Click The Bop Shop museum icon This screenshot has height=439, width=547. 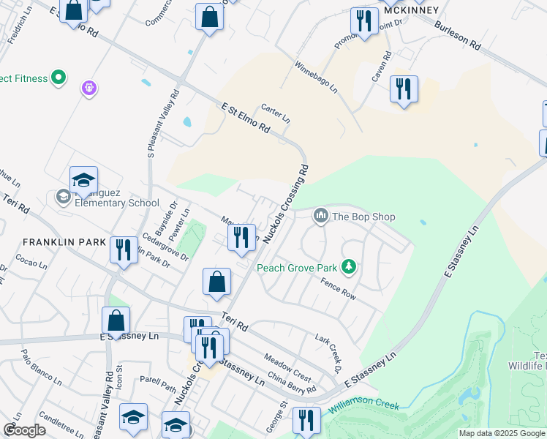pos(320,216)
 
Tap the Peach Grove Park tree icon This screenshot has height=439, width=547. pos(350,267)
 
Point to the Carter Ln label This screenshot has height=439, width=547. pos(276,112)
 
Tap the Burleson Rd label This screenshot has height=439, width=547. pos(457,34)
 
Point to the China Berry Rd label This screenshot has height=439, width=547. pos(292,383)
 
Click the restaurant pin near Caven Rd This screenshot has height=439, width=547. pos(404,89)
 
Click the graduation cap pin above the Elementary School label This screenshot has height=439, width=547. pos(84,180)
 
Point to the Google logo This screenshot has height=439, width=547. pos(24,429)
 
